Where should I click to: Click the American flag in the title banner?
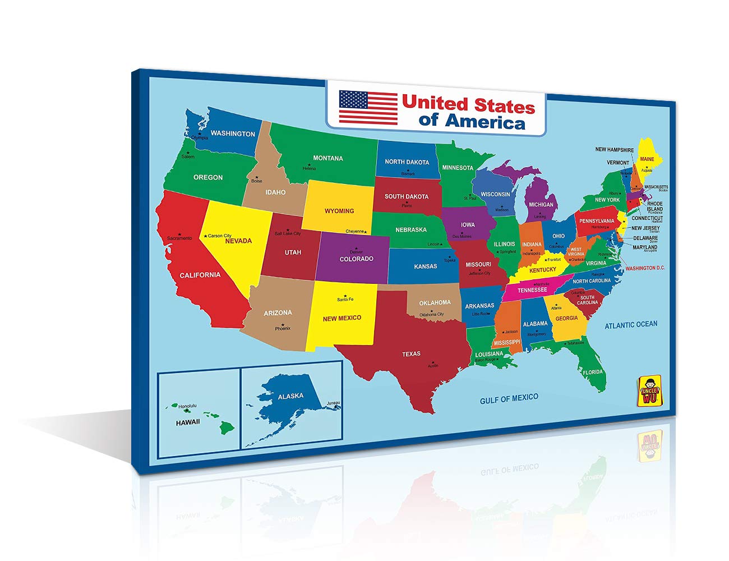click(368, 107)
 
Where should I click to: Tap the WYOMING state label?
click(339, 211)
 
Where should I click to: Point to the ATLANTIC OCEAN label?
click(631, 324)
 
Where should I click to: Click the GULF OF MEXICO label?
click(509, 398)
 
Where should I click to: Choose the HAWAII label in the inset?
click(187, 422)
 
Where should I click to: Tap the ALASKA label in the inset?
click(290, 396)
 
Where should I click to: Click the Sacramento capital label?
click(179, 238)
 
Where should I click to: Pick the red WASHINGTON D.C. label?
click(645, 268)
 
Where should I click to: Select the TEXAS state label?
click(411, 354)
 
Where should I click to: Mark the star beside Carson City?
click(205, 236)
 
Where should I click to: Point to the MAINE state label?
click(647, 159)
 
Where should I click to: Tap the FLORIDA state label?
click(592, 372)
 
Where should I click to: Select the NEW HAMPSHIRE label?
click(614, 150)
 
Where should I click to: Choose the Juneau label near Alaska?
click(334, 403)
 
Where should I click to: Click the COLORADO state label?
click(356, 259)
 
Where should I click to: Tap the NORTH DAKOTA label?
click(407, 162)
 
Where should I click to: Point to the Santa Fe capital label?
click(345, 300)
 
